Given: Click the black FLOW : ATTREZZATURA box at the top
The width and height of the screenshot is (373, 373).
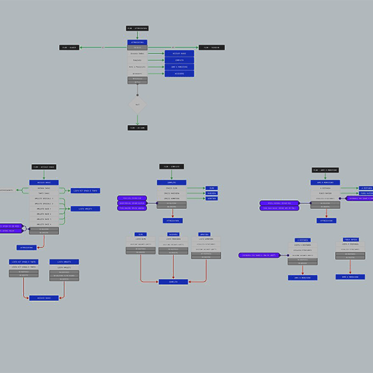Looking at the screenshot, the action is click(x=137, y=28).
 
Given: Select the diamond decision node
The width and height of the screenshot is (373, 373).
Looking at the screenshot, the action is click(x=137, y=104).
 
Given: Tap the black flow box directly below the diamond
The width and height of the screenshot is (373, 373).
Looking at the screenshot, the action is click(x=137, y=127).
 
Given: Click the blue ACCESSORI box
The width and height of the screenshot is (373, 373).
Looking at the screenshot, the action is click(x=179, y=73).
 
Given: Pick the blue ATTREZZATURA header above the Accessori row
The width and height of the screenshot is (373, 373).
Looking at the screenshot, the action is click(x=137, y=42).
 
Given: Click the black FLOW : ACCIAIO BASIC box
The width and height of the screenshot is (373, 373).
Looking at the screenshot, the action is click(x=44, y=167).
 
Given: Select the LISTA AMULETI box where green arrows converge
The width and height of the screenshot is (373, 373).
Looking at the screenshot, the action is click(x=85, y=209).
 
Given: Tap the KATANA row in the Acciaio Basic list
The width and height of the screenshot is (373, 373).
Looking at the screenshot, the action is click(x=44, y=188).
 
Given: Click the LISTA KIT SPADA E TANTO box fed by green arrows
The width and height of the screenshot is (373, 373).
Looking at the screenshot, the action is click(x=85, y=191).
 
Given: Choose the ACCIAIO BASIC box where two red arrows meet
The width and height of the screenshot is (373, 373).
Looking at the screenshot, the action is click(x=44, y=298).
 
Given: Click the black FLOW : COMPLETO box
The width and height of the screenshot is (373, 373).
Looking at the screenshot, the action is click(x=172, y=167).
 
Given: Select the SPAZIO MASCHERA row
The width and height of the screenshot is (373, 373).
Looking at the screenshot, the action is click(x=172, y=193).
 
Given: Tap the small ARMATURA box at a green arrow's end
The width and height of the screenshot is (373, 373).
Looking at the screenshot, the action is click(x=211, y=198).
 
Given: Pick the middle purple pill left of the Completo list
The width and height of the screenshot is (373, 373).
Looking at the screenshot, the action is click(x=132, y=203).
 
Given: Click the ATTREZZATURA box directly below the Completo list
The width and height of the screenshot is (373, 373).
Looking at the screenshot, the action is click(x=172, y=220).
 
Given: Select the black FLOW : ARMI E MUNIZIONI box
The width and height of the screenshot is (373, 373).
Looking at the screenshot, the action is click(x=325, y=170).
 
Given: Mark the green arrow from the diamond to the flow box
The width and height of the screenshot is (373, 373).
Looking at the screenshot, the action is click(x=137, y=119).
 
